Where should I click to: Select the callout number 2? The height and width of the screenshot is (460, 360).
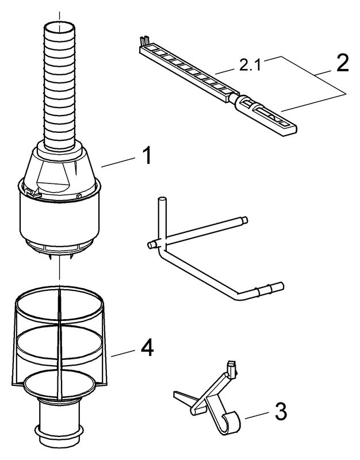click(x=343, y=63)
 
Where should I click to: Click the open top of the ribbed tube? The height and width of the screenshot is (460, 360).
click(x=59, y=27)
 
